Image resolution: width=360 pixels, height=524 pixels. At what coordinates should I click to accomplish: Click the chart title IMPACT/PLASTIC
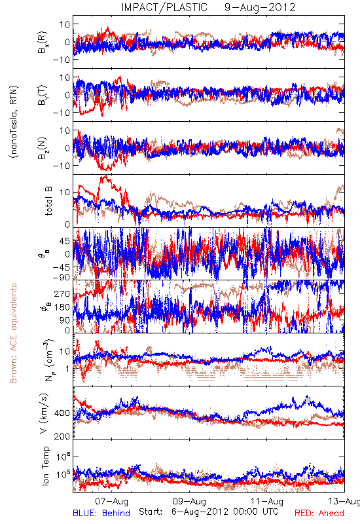point(164,7)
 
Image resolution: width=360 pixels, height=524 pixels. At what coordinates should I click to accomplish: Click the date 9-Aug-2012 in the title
point(260,7)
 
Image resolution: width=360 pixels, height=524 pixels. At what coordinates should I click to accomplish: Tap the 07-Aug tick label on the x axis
point(111,501)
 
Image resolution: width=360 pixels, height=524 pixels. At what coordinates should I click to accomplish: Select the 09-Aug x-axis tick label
point(189,501)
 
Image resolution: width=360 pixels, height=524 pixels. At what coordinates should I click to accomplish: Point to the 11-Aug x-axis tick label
point(267,501)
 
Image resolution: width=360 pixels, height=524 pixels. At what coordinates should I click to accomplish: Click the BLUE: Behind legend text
point(101,513)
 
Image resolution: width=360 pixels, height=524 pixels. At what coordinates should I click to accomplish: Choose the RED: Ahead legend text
point(319,513)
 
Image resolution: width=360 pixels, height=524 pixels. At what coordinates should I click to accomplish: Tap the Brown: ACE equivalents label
point(13,333)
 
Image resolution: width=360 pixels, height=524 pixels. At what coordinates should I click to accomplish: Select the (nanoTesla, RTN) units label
point(14,122)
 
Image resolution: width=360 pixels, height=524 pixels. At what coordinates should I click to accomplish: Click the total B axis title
point(48,201)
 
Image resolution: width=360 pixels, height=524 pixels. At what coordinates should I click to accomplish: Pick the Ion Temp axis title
point(46,466)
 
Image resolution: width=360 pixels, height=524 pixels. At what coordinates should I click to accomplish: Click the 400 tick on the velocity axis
point(62,413)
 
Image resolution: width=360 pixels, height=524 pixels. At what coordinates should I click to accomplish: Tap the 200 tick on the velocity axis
point(62,436)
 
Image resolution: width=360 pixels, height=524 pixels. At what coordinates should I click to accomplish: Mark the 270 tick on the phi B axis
point(62,293)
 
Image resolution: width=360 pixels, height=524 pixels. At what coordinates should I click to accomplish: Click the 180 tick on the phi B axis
point(62,307)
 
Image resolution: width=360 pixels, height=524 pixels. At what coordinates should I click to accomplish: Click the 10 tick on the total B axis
point(65,193)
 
